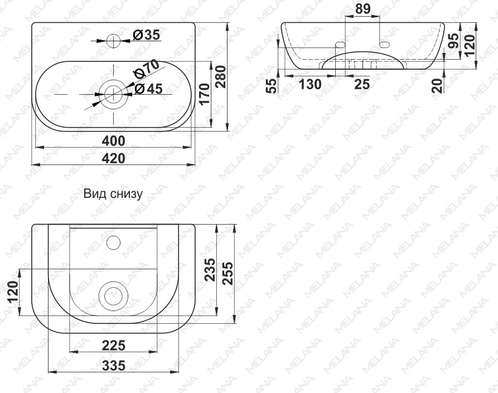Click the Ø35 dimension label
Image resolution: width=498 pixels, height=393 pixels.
coord(146,35)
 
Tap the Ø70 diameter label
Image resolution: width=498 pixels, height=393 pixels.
coord(147,69)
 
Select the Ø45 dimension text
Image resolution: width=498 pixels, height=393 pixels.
coord(148,89)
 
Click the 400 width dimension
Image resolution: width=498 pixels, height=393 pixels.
coord(113,140)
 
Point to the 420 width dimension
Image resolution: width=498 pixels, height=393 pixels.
coord(113,158)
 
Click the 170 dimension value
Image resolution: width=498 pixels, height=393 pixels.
coord(204,94)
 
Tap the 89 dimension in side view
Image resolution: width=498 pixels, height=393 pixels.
coord(362,8)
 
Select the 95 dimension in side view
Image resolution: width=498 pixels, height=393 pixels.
coord(456,41)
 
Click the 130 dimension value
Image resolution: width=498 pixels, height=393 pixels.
coord(310,84)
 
